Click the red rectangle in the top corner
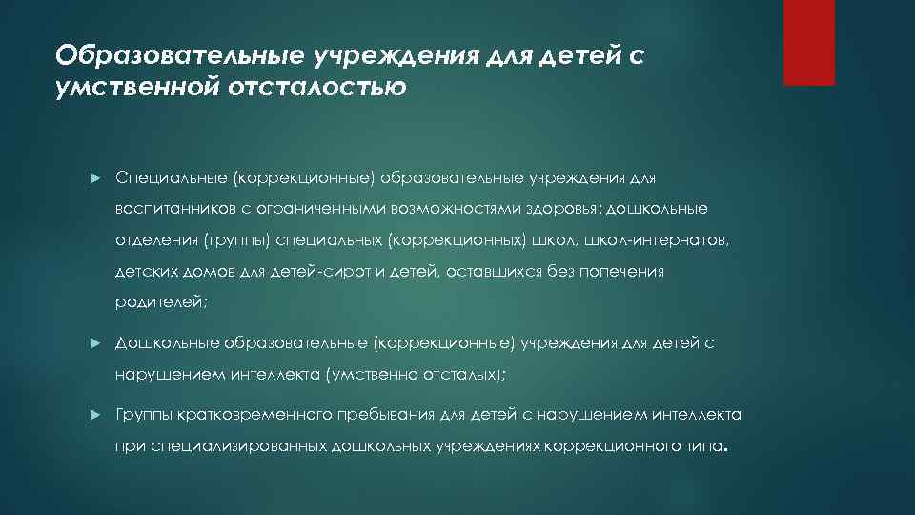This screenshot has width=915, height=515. [x=808, y=43]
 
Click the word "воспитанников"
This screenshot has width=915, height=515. [x=170, y=209]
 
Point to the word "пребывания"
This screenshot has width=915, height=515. [x=388, y=415]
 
